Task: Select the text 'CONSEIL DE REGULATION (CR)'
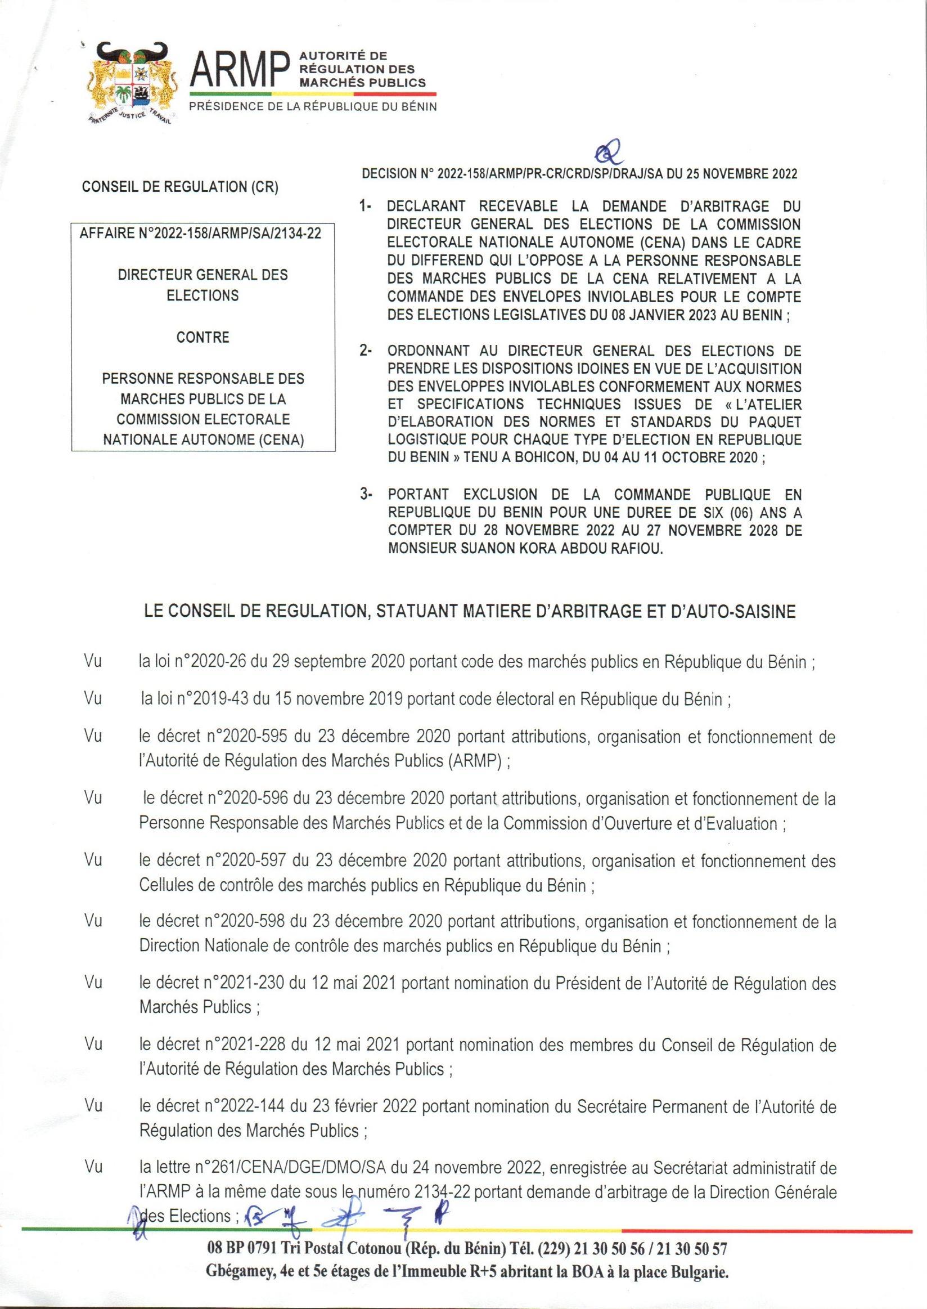[x=181, y=188]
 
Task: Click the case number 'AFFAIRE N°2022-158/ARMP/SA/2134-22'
[x=203, y=234]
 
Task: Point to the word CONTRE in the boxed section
[x=203, y=337]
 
